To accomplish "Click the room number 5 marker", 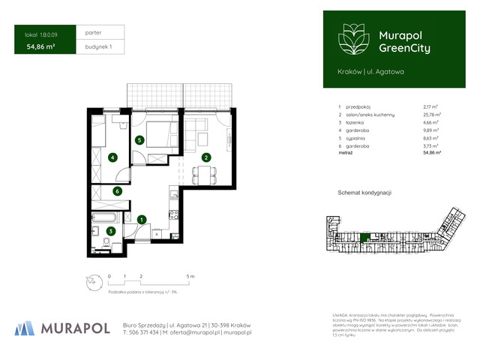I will click(139, 140).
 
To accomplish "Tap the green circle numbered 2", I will click(205, 157).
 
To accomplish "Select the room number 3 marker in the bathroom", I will click(110, 231).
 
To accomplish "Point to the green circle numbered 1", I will click(142, 219).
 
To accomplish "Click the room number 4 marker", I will click(112, 157).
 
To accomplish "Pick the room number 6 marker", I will click(117, 191).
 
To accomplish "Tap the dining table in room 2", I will click(205, 174).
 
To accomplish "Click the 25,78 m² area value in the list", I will click(432, 114).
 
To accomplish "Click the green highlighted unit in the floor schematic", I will click(365, 238).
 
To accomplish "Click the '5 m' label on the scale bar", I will click(191, 277).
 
